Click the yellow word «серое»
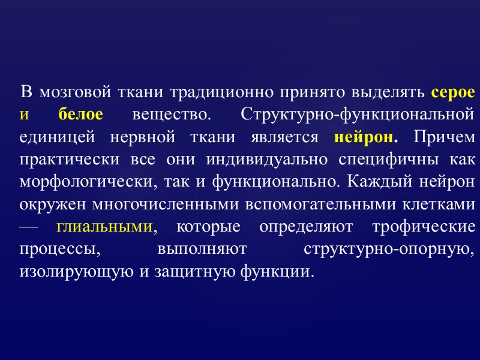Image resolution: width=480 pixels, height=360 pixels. click(453, 93)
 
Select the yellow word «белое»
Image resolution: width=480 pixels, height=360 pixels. click(82, 114)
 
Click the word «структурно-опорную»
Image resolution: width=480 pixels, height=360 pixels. click(390, 250)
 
